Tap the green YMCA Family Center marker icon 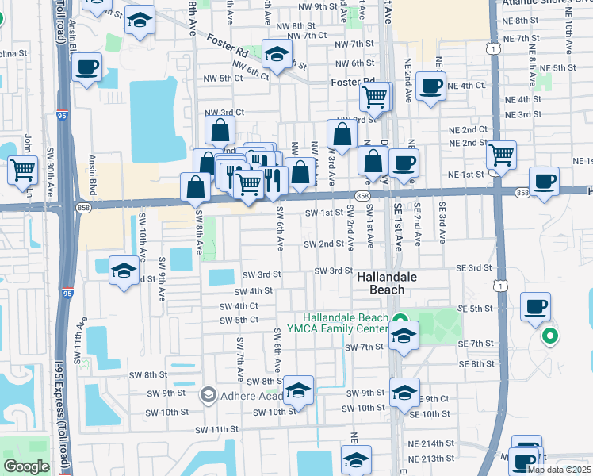pyautogui.click(x=398, y=320)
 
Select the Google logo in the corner pyautogui.click(x=26, y=466)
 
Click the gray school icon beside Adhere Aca pyautogui.click(x=208, y=394)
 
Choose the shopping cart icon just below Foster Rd pyautogui.click(x=374, y=97)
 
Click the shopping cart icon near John pyautogui.click(x=23, y=170)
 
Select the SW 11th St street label pyautogui.click(x=216, y=429)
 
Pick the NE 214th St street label pyautogui.click(x=431, y=444)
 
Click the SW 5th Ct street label pyautogui.click(x=240, y=320)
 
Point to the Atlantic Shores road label pyautogui.click(x=547, y=3)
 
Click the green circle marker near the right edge pyautogui.click(x=549, y=337)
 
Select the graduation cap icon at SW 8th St pyautogui.click(x=299, y=390)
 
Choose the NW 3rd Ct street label pyautogui.click(x=223, y=113)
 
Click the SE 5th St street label pyautogui.click(x=476, y=309)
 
